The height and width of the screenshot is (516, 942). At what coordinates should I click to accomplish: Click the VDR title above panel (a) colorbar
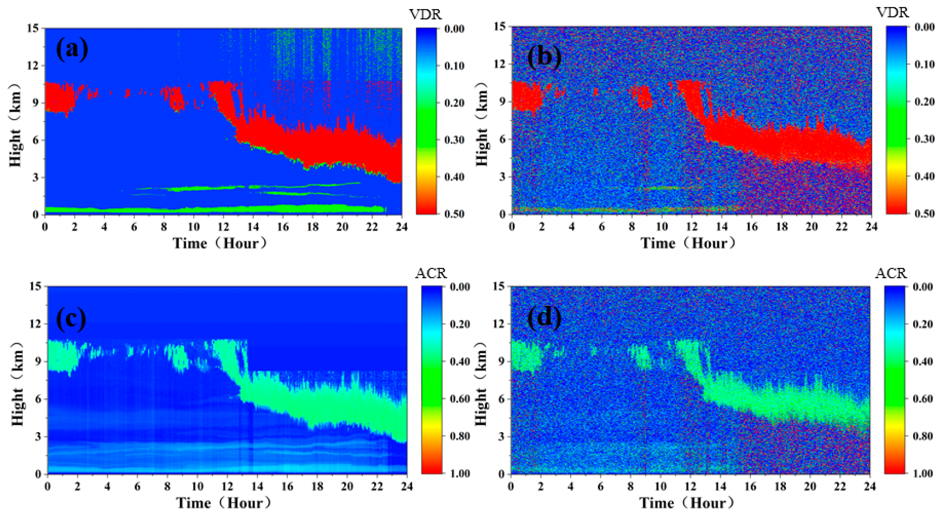[x=426, y=15]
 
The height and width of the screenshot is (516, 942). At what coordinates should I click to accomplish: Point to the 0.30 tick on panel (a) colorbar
[x=454, y=140]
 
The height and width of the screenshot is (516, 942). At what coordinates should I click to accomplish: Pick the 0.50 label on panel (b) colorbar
[x=924, y=213]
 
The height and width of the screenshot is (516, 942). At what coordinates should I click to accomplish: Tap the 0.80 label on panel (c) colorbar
[x=460, y=436]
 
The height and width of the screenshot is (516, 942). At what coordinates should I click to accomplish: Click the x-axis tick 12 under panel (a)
[x=224, y=227]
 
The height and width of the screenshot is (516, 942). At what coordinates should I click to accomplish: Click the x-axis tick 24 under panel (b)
[x=871, y=227]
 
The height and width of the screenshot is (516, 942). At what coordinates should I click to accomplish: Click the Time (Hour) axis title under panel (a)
[x=220, y=243]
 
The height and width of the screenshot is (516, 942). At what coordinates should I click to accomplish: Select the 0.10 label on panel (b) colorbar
[x=924, y=64]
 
